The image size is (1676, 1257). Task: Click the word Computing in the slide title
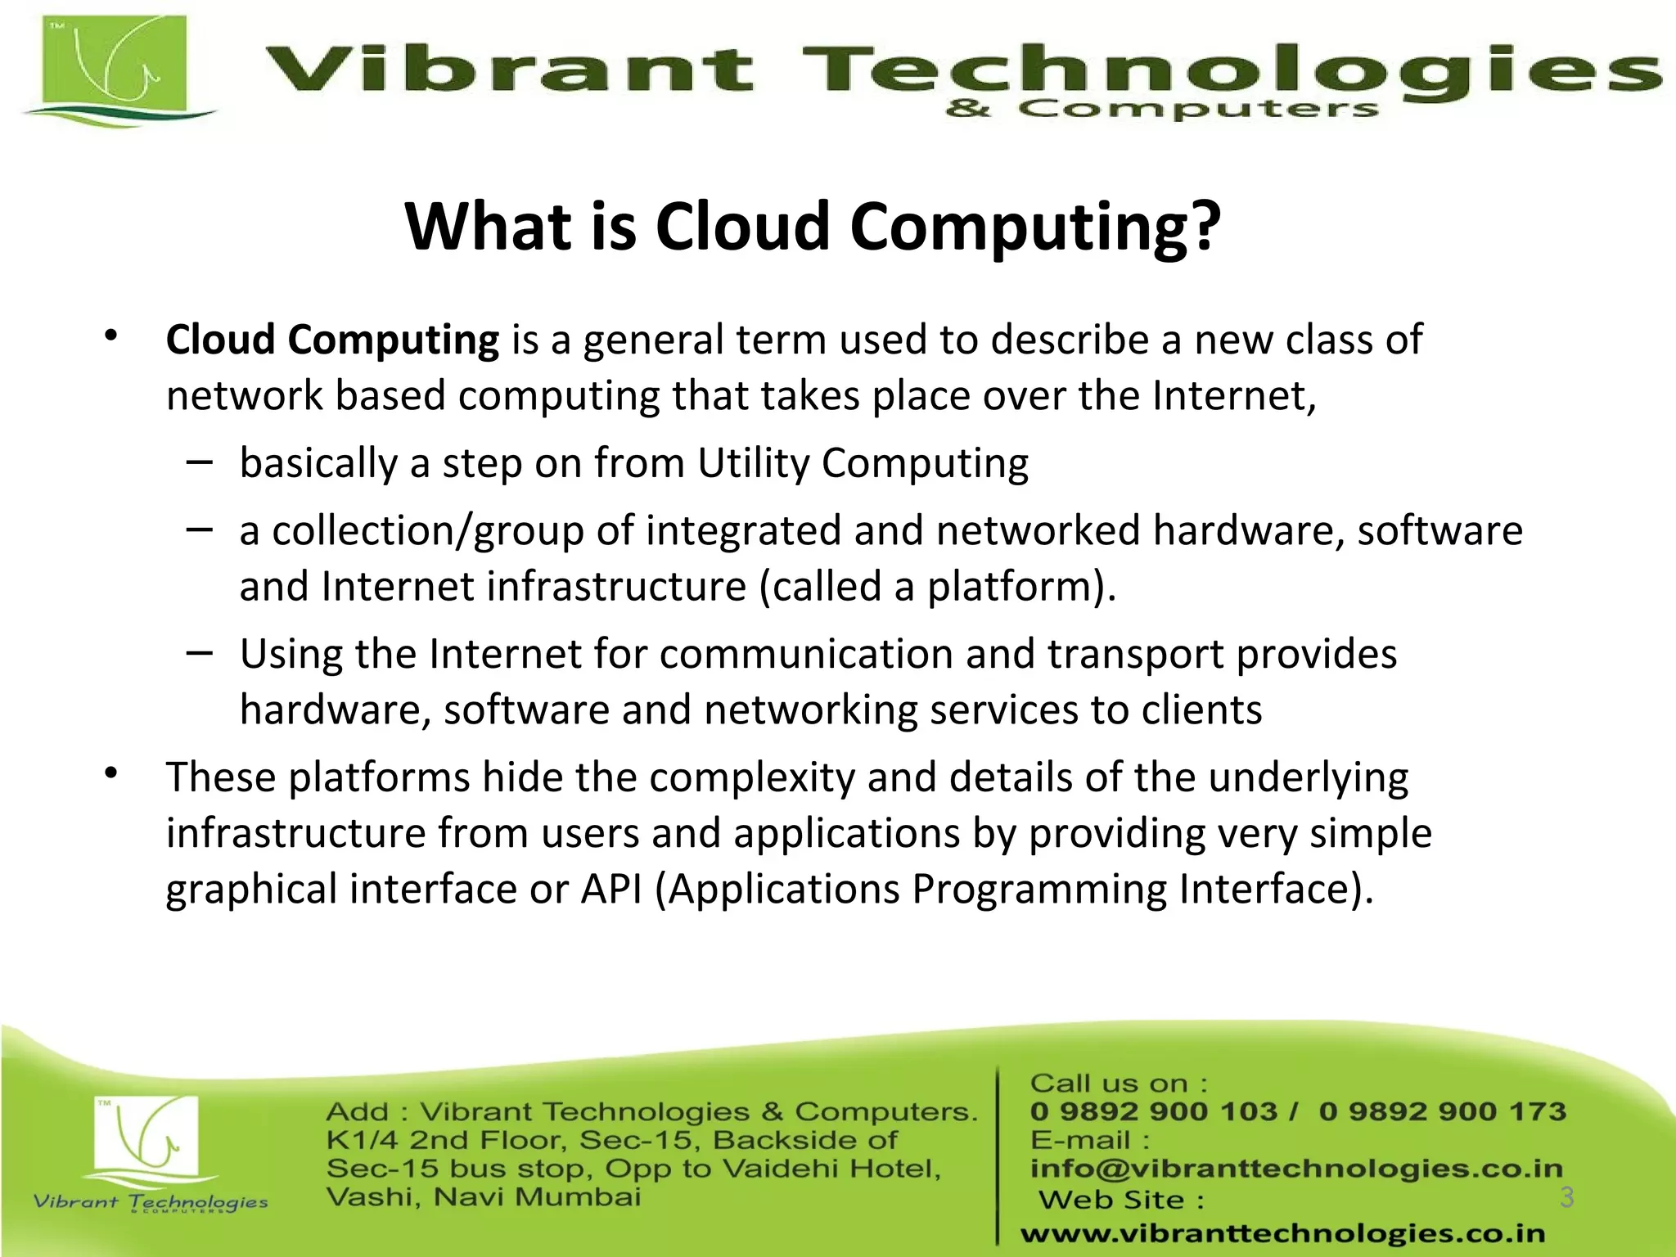pyautogui.click(x=1035, y=227)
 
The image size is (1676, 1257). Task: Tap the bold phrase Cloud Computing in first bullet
pyautogui.click(x=332, y=340)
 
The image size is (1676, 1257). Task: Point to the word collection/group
pyautogui.click(x=427, y=531)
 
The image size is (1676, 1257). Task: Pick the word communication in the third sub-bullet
pyautogui.click(x=806, y=655)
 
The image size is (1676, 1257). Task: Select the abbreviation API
pyautogui.click(x=611, y=890)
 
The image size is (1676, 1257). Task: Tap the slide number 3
pyautogui.click(x=1566, y=1197)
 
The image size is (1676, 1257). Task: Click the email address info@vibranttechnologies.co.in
pyautogui.click(x=1296, y=1169)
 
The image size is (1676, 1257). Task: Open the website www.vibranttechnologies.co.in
pyautogui.click(x=1282, y=1233)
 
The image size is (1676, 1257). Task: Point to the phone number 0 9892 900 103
pyautogui.click(x=1153, y=1111)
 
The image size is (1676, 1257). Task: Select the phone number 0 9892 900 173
pyautogui.click(x=1442, y=1111)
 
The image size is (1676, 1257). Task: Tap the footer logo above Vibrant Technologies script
pyautogui.click(x=146, y=1138)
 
